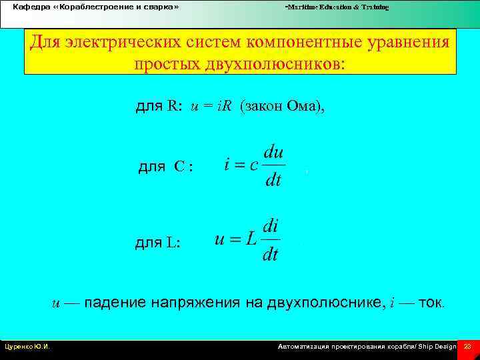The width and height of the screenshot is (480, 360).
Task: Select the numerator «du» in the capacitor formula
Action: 273,151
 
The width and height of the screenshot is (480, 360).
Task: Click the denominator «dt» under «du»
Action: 273,180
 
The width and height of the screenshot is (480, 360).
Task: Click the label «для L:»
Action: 157,243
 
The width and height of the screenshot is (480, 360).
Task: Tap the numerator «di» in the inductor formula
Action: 271,225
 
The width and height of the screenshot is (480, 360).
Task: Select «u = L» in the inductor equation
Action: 235,239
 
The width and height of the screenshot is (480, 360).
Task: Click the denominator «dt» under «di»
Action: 271,255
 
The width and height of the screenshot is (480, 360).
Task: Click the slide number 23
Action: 467,347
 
